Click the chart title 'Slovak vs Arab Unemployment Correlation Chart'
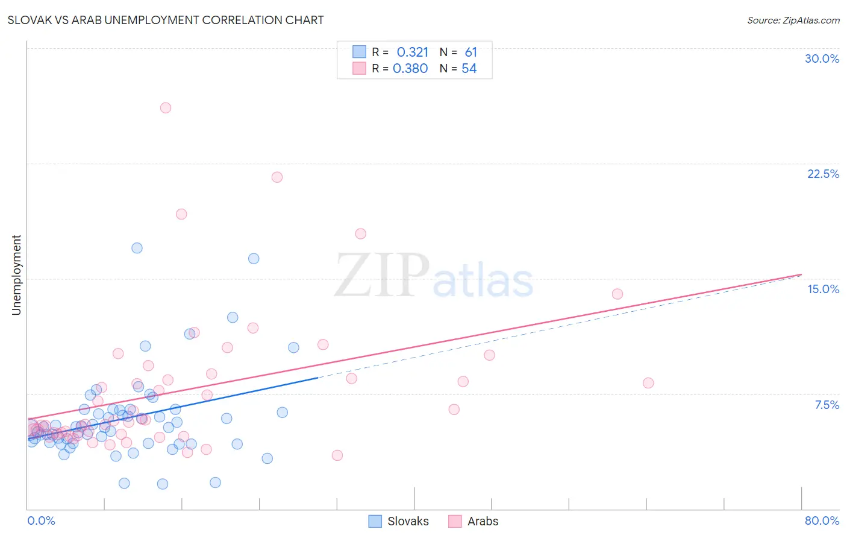coord(166,20)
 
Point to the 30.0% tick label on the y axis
coord(822,59)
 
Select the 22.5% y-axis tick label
coord(823,174)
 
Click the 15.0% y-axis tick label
coord(823,289)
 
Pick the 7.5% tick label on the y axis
coord(827,405)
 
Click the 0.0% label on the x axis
coord(41,521)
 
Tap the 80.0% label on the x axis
coord(822,521)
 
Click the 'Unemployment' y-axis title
coord(16,275)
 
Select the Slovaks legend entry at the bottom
coord(399,521)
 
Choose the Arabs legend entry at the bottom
coord(474,521)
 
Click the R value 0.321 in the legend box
coord(412,52)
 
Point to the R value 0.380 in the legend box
coord(410,69)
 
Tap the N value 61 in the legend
coord(470,52)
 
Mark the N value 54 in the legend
coord(469,69)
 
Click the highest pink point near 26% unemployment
coord(166,108)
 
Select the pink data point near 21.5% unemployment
coord(277,177)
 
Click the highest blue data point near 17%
coord(137,248)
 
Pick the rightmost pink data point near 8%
coord(648,383)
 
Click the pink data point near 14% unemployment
coord(617,294)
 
